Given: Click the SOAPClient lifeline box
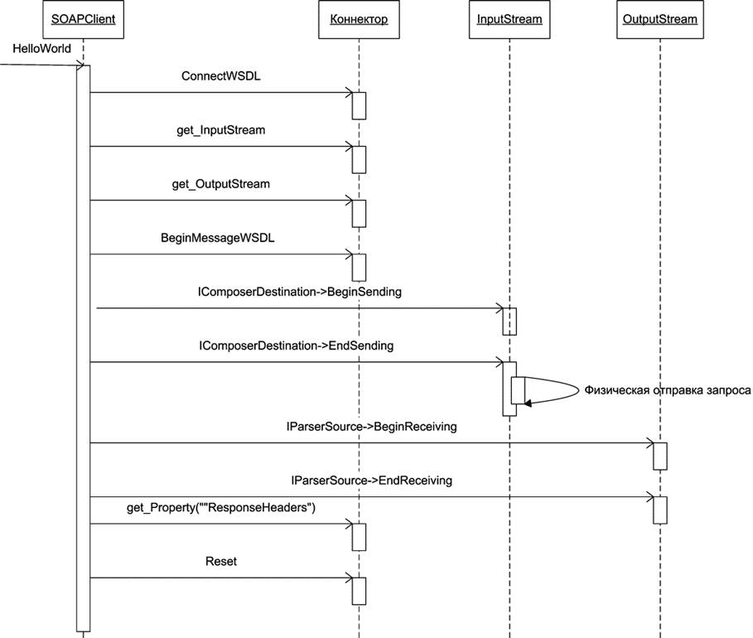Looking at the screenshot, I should point(83,20).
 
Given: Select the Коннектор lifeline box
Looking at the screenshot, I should point(359,20).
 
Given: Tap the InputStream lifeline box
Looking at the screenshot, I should point(509,20).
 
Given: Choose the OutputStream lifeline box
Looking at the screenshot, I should point(660,20).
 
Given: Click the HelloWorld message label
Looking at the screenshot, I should point(41,50).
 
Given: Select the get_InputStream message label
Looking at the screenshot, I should point(221,130).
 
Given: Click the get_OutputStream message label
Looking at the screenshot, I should point(221,184).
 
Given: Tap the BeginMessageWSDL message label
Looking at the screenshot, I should point(218,238).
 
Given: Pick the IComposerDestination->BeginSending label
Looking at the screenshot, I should point(300,292).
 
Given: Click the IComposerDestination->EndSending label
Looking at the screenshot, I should point(297,346).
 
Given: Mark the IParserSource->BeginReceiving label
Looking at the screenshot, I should point(371,427).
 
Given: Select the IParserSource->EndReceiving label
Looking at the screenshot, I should point(372,481).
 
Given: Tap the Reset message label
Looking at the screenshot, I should point(221,561).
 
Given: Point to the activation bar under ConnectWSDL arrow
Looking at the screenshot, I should point(359,105).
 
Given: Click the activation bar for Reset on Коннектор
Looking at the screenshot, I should point(359,590).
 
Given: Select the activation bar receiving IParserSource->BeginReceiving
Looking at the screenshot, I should point(660,456).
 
